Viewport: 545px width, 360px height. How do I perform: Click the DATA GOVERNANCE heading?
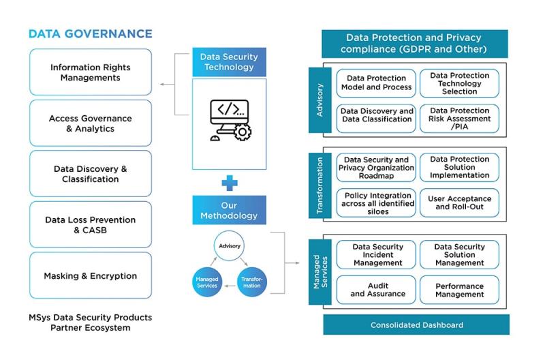pos(91,33)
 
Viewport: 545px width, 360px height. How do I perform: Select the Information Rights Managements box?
pos(91,72)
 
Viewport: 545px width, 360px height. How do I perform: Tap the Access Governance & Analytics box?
pos(91,123)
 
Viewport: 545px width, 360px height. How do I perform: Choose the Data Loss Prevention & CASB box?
pos(91,225)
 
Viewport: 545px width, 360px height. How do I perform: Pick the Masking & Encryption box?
pos(91,275)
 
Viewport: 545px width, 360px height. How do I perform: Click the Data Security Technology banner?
pos(229,62)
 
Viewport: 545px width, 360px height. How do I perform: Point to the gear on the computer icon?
pos(243,132)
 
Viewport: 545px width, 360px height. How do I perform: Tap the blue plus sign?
pos(230,183)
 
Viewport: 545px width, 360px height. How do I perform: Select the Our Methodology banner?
pos(229,210)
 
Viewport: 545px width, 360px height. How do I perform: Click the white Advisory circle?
pos(230,246)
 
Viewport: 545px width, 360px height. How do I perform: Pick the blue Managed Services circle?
pos(207,282)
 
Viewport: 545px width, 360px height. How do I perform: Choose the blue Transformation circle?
pos(252,282)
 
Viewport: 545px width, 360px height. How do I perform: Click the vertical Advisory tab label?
pos(320,100)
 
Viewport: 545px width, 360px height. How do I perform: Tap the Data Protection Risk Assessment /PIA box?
pos(459,119)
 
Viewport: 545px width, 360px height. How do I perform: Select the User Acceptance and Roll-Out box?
pos(459,202)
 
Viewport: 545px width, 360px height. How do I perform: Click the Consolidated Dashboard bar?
pos(416,325)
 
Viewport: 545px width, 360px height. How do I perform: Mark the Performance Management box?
pos(459,290)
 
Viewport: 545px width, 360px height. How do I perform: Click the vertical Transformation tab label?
pos(320,185)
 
